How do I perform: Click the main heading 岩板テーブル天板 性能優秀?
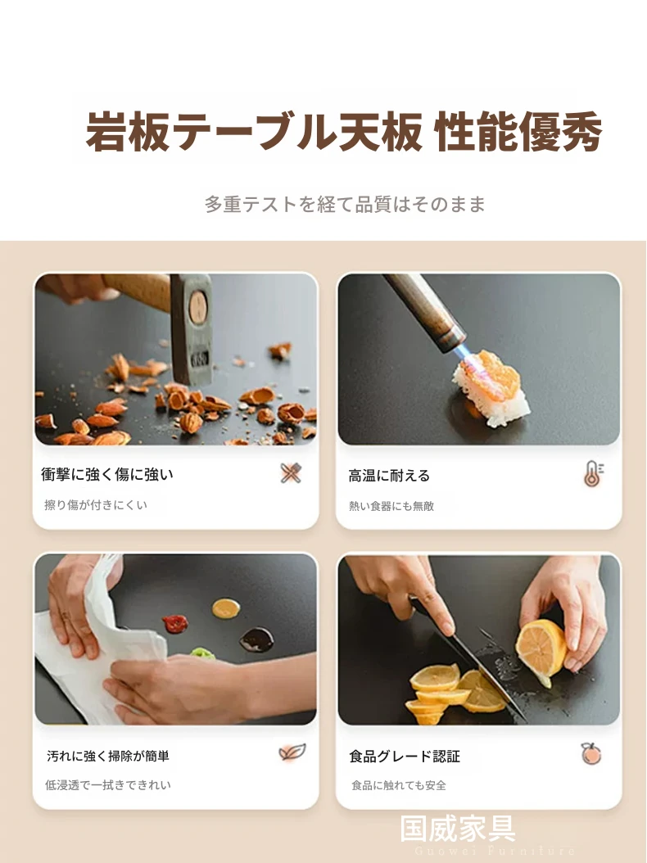pos(344,132)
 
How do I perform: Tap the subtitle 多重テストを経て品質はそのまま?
pos(345,204)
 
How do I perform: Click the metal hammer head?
pos(191,329)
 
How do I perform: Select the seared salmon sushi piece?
pos(489,388)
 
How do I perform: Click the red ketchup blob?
pos(175,624)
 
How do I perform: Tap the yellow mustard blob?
pos(226,608)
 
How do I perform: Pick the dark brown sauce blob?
pos(256,639)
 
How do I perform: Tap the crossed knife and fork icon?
pos(291,473)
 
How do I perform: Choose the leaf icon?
pos(292,752)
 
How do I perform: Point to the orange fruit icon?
pos(591,753)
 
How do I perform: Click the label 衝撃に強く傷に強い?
pos(107,474)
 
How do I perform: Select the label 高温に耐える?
pos(389,476)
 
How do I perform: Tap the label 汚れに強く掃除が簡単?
pos(108,756)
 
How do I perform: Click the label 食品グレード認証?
pos(404,757)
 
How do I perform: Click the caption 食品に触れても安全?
pos(399,785)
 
